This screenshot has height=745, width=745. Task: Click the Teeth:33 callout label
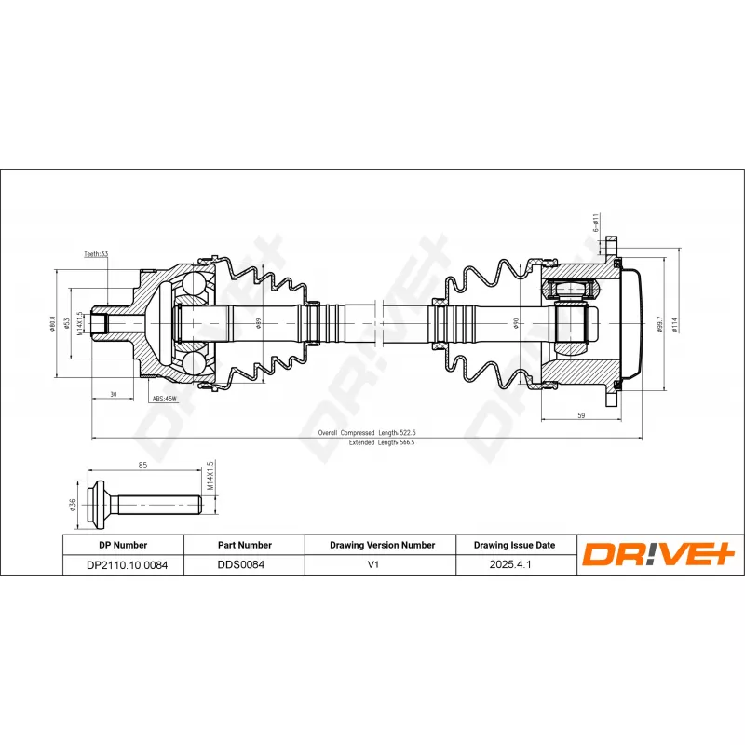[96, 253]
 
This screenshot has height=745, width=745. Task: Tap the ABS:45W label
[165, 399]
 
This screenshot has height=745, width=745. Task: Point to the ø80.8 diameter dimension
[54, 323]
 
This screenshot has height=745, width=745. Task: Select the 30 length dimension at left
[113, 395]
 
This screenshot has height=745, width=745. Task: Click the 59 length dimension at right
[581, 416]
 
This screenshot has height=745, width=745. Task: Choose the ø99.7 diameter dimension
[658, 323]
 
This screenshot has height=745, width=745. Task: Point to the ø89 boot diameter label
[259, 323]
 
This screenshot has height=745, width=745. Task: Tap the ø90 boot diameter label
[516, 323]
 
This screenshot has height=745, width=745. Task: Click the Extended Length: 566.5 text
[381, 443]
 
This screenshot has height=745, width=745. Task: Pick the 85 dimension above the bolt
[143, 465]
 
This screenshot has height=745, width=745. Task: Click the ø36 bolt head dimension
[73, 506]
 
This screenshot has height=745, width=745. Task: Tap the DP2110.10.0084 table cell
[123, 564]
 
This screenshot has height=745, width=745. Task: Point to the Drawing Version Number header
[382, 545]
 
